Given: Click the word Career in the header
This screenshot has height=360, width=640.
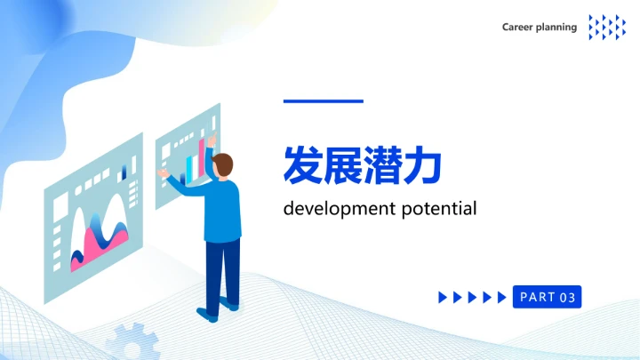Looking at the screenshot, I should point(518,27).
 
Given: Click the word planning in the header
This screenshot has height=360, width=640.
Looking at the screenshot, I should point(557,28).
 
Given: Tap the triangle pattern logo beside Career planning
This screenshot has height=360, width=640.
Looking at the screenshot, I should point(607,27).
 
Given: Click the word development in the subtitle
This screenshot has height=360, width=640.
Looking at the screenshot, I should point(336,210).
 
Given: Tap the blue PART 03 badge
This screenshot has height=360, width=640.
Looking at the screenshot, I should point(547,297).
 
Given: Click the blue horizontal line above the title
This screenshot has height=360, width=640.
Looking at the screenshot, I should point(323,101).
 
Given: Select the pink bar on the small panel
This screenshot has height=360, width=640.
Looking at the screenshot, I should point(202,156).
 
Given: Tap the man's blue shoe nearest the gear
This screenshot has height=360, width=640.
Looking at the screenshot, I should point(207,315).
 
